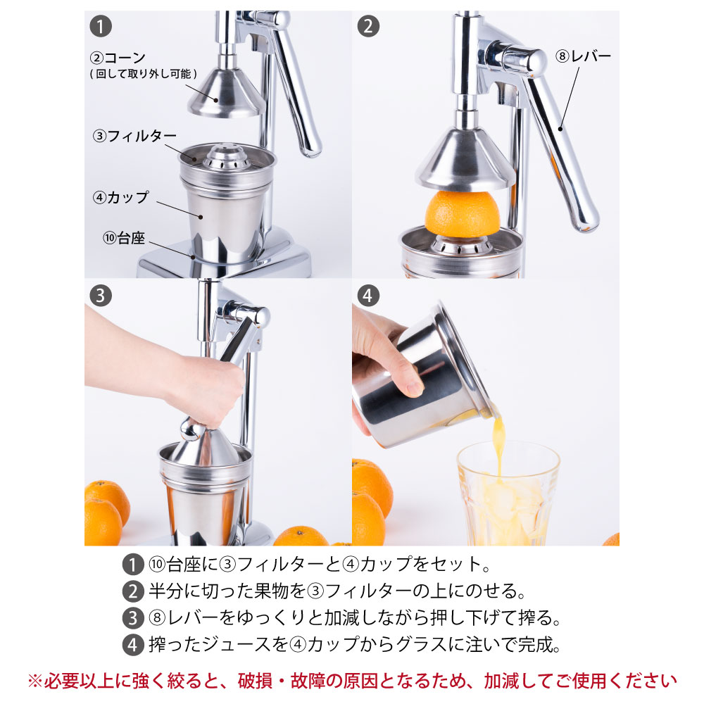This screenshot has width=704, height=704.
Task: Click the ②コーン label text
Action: click(x=118, y=58)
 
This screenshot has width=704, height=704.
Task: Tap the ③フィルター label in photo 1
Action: click(x=134, y=136)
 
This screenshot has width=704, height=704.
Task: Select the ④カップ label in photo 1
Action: click(x=121, y=197)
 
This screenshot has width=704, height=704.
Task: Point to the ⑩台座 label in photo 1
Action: click(x=124, y=237)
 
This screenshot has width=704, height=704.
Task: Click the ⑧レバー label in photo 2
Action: click(x=583, y=56)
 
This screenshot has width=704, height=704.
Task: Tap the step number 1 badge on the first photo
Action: click(x=101, y=27)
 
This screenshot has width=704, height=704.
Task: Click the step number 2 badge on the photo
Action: click(x=368, y=27)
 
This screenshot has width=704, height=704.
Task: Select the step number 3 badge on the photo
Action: click(x=101, y=296)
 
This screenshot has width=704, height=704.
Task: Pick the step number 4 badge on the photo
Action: click(x=368, y=296)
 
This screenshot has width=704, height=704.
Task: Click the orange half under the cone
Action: click(x=462, y=214)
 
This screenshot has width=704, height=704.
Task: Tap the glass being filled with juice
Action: click(x=508, y=494)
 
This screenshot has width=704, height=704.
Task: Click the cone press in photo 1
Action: click(x=226, y=94)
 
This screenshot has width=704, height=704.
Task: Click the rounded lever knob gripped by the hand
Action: click(x=192, y=429)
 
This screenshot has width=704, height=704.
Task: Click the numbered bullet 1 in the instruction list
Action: click(x=133, y=565)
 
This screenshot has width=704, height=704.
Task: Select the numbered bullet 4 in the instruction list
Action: click(x=133, y=645)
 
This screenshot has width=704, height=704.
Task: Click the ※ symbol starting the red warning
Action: click(x=35, y=681)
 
